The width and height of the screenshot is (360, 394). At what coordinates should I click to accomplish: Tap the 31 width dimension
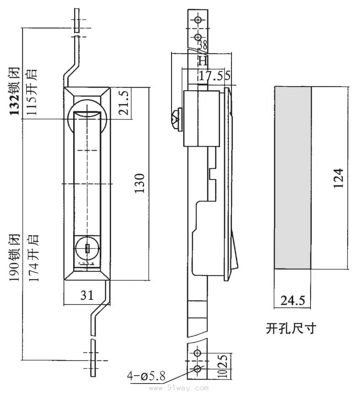pos(86,296)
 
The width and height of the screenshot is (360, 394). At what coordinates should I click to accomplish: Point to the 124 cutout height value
pos(338,178)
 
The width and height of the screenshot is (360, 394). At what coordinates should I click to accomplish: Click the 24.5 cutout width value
pos(293,301)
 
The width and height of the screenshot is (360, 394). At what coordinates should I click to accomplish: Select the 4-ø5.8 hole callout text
pos(146,377)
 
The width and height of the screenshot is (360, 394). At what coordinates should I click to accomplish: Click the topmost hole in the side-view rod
pos(198,20)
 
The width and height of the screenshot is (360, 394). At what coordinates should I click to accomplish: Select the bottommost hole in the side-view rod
pos(198,369)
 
